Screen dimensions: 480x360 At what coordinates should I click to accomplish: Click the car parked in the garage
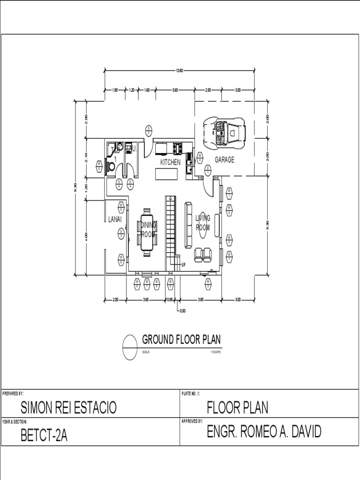tap(224, 132)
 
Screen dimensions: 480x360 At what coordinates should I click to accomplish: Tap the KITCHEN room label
tap(170, 162)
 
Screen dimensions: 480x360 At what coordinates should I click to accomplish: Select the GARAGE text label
tap(225, 160)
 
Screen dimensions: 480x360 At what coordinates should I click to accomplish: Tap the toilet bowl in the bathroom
tap(112, 166)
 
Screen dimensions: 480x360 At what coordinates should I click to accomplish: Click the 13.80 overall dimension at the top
tap(179, 70)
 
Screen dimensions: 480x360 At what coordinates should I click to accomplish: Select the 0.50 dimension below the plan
tap(183, 310)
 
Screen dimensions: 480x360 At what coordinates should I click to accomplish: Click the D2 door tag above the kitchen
tap(148, 130)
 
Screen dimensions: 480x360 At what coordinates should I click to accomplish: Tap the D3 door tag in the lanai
tap(121, 231)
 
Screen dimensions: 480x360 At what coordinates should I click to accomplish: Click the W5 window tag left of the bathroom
tap(100, 165)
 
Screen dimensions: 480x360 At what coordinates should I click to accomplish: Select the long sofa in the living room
tap(188, 225)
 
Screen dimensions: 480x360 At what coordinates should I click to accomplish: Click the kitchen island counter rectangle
tap(167, 174)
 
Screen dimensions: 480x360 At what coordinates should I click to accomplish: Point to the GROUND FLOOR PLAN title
tap(181, 339)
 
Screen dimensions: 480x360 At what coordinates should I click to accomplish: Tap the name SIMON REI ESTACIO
tap(68, 408)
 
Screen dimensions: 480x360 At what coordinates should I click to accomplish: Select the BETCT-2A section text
tap(44, 436)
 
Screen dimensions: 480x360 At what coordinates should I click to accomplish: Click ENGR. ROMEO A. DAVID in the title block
tap(264, 432)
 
